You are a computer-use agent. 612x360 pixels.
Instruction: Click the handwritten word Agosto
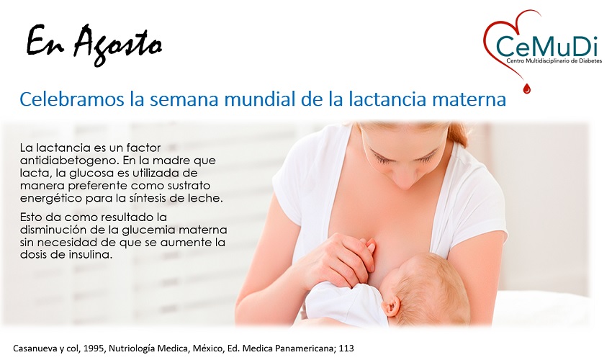(118, 45)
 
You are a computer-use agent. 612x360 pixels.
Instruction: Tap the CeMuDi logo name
(546, 46)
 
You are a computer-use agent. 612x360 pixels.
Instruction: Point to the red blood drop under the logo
(527, 89)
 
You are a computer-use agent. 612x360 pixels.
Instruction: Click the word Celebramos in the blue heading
(72, 99)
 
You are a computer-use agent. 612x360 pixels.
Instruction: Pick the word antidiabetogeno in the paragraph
(68, 161)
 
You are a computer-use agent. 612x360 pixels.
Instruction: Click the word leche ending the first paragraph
(207, 198)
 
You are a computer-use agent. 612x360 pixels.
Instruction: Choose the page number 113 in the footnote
(346, 348)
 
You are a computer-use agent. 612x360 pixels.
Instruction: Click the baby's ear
(391, 305)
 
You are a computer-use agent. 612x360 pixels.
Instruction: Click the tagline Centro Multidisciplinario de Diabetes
(554, 61)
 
